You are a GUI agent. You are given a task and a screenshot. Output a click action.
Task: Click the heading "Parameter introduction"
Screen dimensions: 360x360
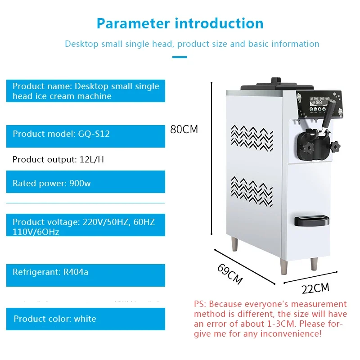[x=180, y=23]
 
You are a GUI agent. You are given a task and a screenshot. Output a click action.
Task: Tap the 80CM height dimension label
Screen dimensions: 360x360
[x=184, y=130]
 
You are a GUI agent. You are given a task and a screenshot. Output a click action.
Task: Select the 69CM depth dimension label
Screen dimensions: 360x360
[x=229, y=274]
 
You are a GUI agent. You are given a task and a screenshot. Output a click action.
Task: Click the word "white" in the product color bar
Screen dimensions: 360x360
[x=85, y=319]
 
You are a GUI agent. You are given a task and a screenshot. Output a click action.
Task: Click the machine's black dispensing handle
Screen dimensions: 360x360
[x=329, y=114]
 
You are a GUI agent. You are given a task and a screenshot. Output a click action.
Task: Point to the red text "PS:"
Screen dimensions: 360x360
[x=201, y=304]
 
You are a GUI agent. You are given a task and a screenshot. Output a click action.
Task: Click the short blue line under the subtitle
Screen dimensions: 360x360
[x=180, y=57]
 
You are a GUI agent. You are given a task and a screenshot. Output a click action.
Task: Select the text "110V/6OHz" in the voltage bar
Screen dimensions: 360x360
[x=36, y=232]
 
